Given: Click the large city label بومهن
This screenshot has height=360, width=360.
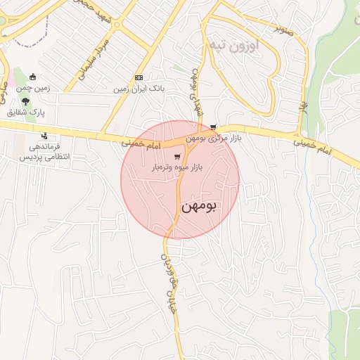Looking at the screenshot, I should coord(200,207).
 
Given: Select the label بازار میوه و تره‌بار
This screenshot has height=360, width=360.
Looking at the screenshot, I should coord(177,169).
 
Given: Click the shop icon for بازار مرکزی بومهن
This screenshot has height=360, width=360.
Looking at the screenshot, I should coord(213,127).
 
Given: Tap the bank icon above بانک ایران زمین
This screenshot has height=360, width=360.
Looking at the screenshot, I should coord(139,78).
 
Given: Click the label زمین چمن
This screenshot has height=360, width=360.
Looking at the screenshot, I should coord(32,89).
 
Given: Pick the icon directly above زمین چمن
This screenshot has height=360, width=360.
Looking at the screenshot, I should coord(32,77).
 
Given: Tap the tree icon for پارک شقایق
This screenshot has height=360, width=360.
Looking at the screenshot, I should coord(26,101).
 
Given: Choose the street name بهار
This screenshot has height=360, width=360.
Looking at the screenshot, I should coord(305,108).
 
